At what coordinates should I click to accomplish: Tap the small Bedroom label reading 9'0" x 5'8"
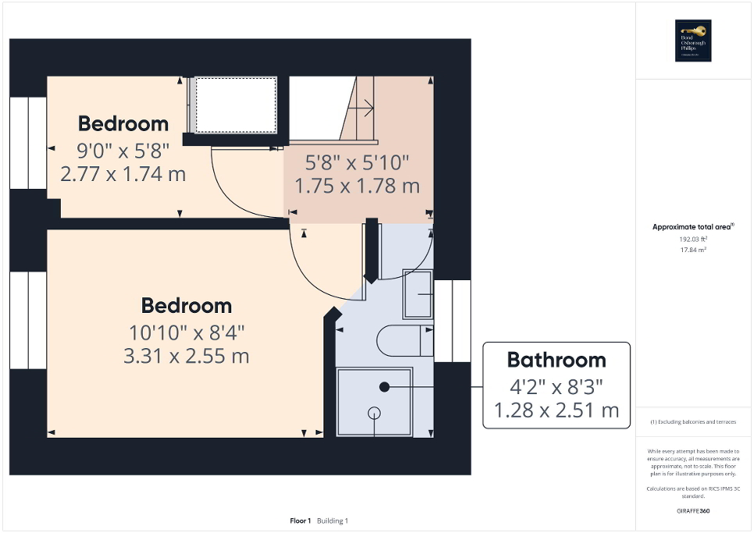[123, 124]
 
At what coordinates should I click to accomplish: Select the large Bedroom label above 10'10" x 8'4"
[186, 305]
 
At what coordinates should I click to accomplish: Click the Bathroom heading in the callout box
[556, 360]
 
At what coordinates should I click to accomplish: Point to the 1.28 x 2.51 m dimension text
[556, 410]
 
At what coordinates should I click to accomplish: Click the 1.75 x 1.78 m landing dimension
[357, 187]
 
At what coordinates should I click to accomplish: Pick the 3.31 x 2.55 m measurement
[186, 357]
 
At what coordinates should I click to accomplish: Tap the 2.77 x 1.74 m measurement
[123, 174]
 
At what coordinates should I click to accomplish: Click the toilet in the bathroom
[405, 341]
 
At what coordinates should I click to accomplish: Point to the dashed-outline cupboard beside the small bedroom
[235, 105]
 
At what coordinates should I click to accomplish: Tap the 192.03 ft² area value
[693, 240]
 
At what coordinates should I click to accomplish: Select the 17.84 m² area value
[693, 251]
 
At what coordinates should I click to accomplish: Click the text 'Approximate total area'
[692, 227]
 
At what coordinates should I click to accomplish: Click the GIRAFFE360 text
[693, 511]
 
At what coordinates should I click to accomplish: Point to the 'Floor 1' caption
[301, 521]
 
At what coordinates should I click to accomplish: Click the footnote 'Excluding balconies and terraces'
[693, 422]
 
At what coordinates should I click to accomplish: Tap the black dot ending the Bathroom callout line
[384, 387]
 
